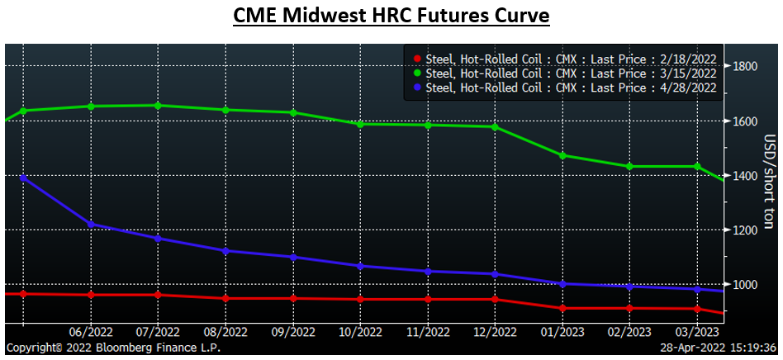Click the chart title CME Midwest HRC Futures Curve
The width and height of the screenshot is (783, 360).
tap(391, 17)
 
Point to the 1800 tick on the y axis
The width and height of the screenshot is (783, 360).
tap(746, 67)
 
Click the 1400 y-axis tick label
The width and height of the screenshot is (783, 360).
tap(746, 176)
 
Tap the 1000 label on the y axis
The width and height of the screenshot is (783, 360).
tap(746, 285)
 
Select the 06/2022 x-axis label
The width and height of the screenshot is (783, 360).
tap(90, 333)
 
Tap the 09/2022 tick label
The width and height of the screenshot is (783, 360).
tap(292, 333)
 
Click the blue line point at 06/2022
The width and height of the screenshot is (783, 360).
tap(90, 224)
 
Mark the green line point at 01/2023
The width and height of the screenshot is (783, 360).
tap(562, 155)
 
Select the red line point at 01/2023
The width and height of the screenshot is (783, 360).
tap(562, 308)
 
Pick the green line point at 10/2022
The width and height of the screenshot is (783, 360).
tap(359, 124)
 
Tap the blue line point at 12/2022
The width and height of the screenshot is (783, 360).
tap(494, 274)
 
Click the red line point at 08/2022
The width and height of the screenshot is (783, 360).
tap(225, 298)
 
